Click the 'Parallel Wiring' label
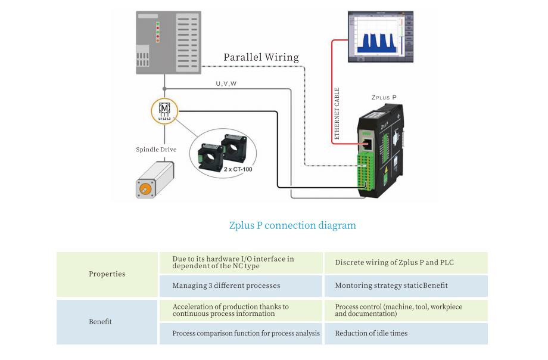coord(261,58)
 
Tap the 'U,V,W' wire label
coord(226,84)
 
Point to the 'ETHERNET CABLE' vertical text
coord(337,113)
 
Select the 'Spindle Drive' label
coord(156,150)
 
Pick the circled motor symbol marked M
coord(164,111)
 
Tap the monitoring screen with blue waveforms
coord(380,36)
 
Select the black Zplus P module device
coord(379,152)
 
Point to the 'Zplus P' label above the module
coord(384,97)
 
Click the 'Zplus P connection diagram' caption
coord(292,226)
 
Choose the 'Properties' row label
coord(107,274)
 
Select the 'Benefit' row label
coord(101,322)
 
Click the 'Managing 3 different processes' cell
coord(226,286)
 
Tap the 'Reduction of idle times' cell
coord(371,334)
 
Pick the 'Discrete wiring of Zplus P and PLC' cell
coord(395,263)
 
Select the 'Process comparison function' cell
coord(246,334)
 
